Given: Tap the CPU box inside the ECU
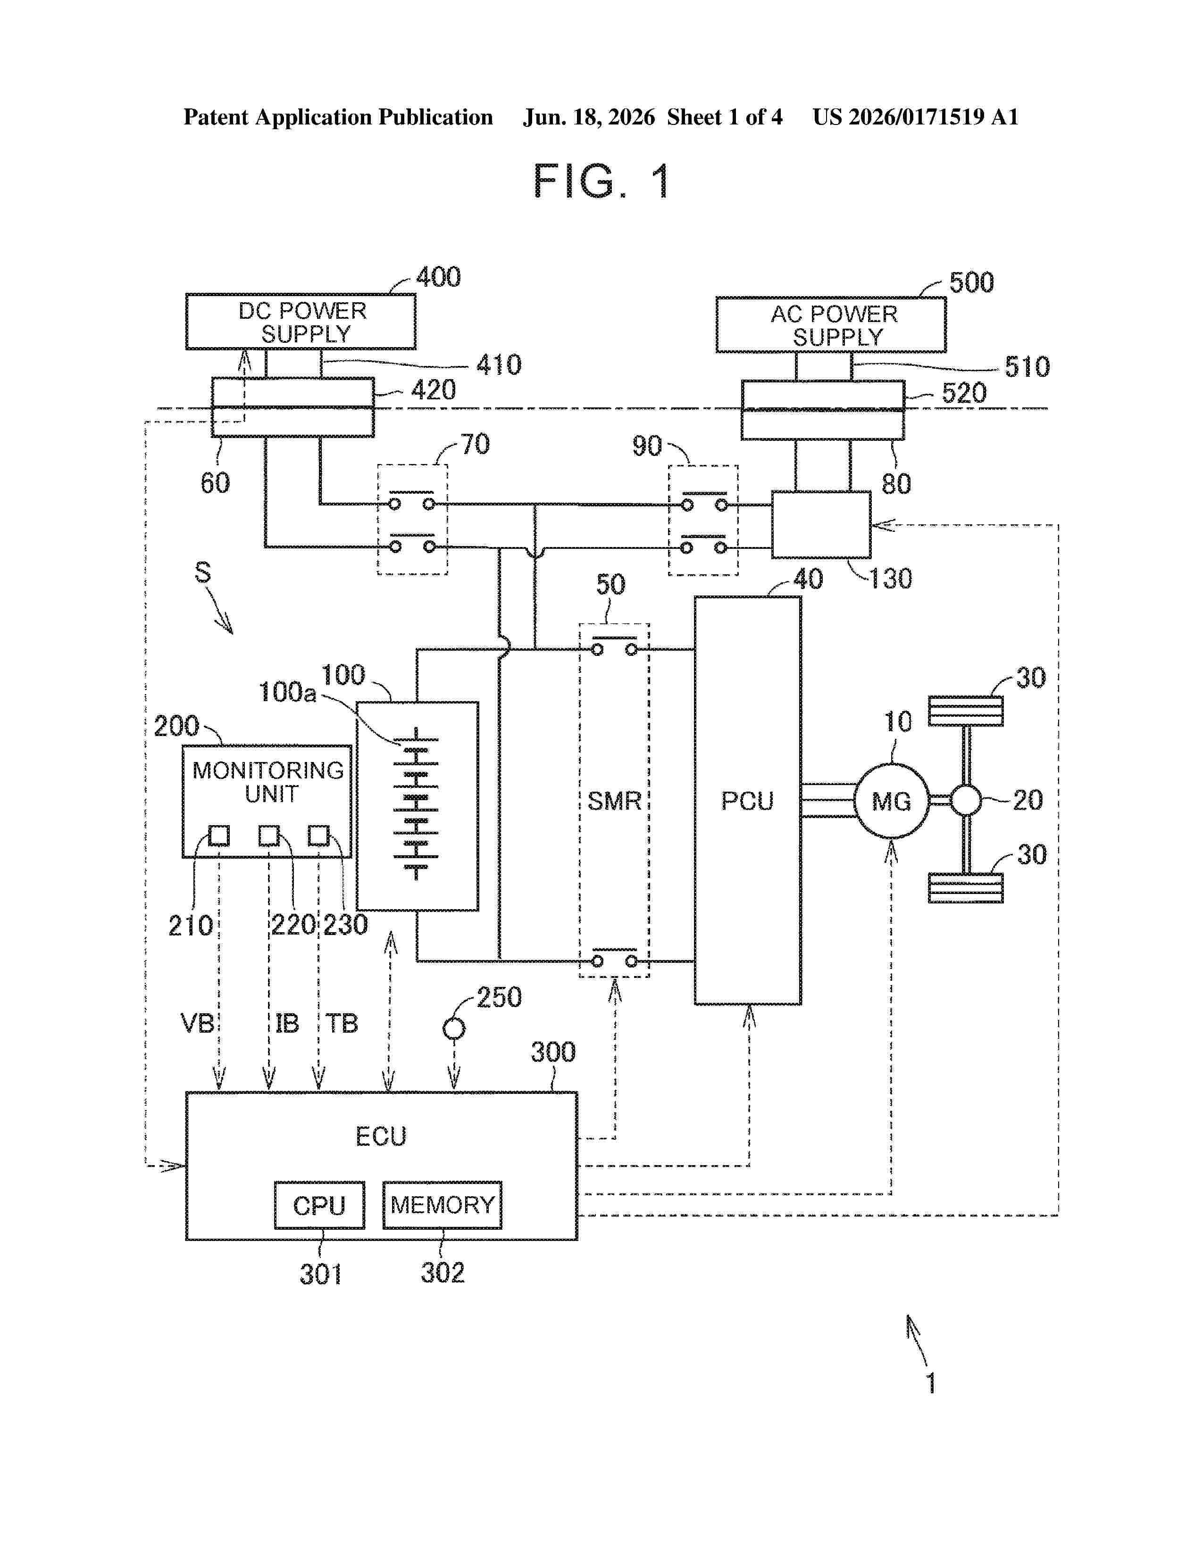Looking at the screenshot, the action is tap(319, 1205).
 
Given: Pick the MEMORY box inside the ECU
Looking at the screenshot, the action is tap(442, 1205).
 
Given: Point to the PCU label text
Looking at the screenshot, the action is tap(747, 801).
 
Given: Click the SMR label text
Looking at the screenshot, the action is tap(614, 801).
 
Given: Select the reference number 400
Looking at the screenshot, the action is tap(438, 276).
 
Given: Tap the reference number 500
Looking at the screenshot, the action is tap(971, 282).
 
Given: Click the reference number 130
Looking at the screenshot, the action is tap(890, 579).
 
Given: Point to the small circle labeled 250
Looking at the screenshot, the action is tap(454, 1029).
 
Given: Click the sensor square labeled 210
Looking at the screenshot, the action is tap(219, 835).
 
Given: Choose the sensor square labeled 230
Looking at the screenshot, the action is tap(318, 835).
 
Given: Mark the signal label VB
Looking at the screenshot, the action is tap(197, 1024).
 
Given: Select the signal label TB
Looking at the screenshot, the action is tap(342, 1024).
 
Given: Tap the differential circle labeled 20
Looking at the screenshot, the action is tap(966, 800).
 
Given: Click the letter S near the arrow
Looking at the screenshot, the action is tap(203, 572).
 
